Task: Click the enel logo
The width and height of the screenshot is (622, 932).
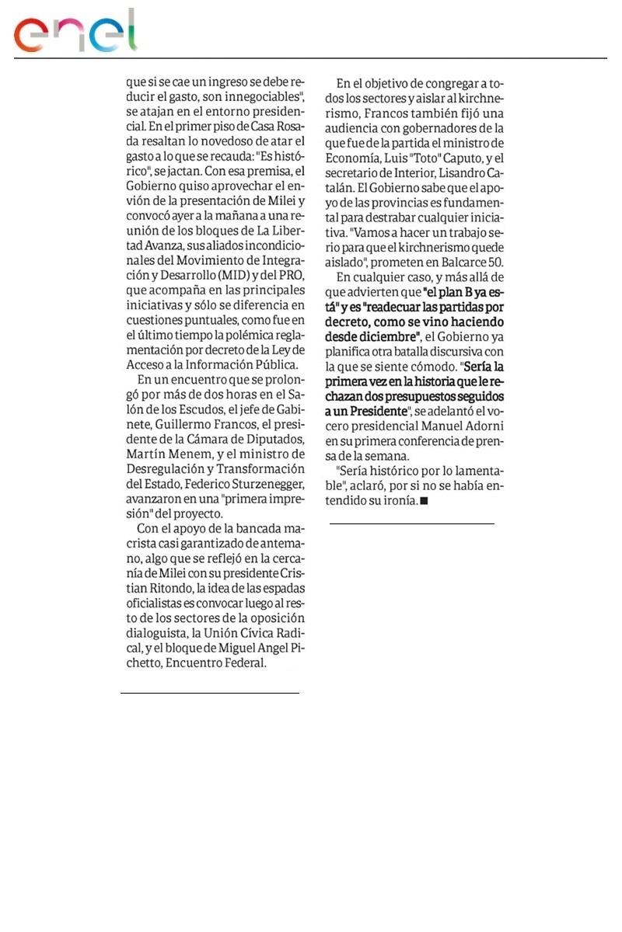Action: [75, 32]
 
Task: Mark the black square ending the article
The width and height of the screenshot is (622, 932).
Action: [424, 501]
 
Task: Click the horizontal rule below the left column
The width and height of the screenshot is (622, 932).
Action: [210, 692]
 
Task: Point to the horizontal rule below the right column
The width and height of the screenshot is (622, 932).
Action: [411, 524]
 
